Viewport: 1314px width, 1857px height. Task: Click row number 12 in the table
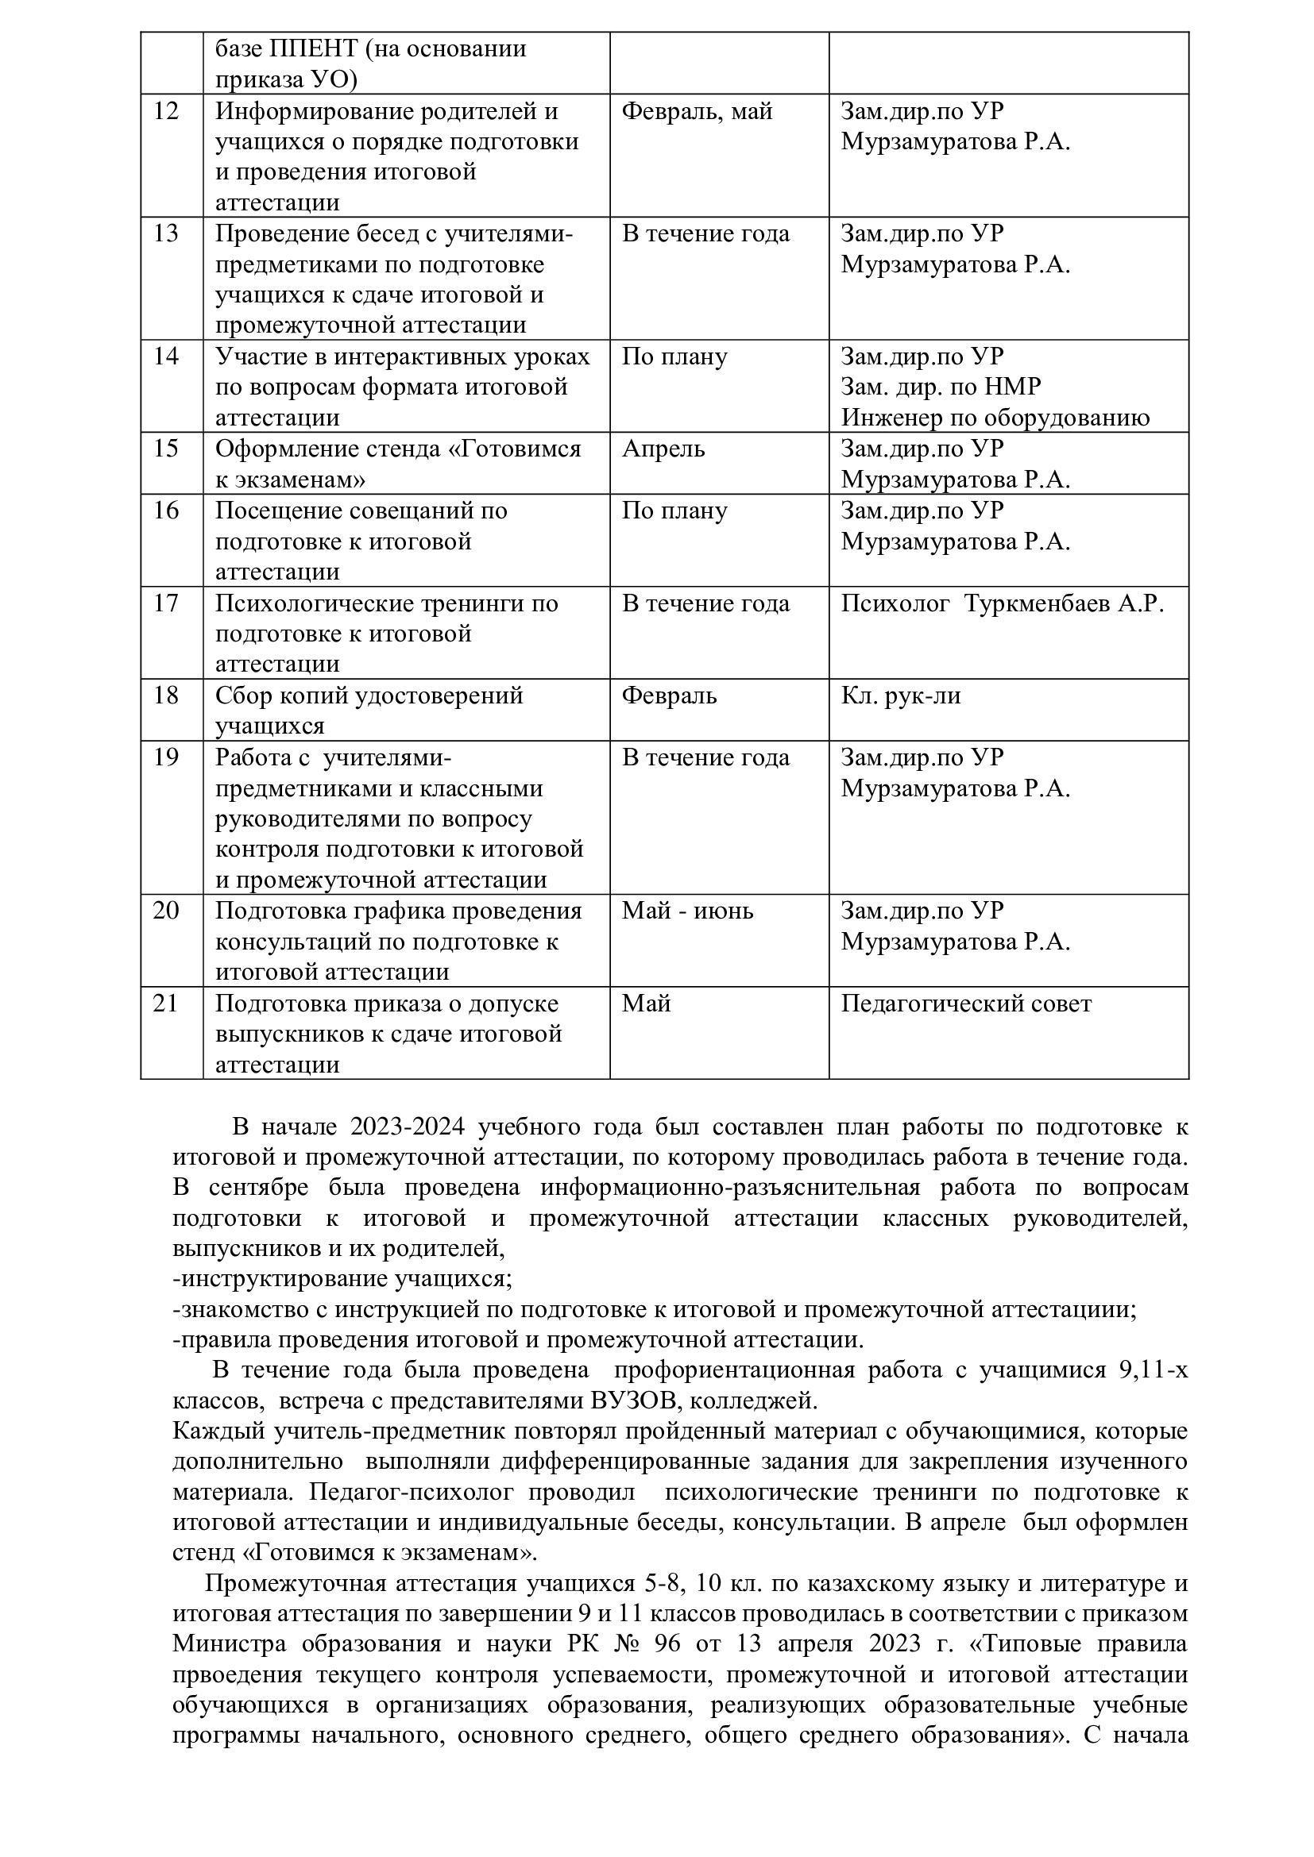pyautogui.click(x=166, y=111)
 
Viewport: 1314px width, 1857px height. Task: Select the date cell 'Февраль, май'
pyautogui.click(x=697, y=111)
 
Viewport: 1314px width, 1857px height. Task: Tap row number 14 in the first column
pyautogui.click(x=166, y=356)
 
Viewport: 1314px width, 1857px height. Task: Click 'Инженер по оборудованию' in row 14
pyautogui.click(x=995, y=418)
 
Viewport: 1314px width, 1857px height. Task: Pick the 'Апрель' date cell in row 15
pyautogui.click(x=663, y=448)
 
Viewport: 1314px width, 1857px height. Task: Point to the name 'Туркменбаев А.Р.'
pyautogui.click(x=1064, y=603)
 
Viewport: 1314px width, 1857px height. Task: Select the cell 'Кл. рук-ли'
pyautogui.click(x=901, y=695)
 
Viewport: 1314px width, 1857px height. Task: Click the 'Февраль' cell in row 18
pyautogui.click(x=668, y=695)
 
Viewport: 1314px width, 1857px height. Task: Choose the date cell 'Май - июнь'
pyautogui.click(x=687, y=911)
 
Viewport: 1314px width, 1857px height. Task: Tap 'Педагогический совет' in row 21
pyautogui.click(x=966, y=1004)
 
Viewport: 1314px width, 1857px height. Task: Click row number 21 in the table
pyautogui.click(x=166, y=1004)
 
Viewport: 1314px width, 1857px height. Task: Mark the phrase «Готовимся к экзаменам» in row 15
pyautogui.click(x=398, y=464)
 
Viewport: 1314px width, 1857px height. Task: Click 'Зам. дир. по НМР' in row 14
pyautogui.click(x=940, y=387)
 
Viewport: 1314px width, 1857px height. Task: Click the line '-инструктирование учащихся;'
pyautogui.click(x=342, y=1279)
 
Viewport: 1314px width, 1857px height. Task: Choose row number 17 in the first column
pyautogui.click(x=166, y=603)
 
